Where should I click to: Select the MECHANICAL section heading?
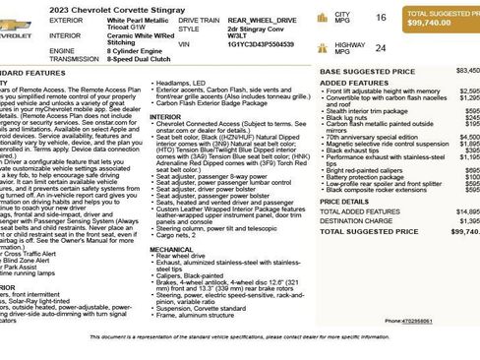[171, 249]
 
